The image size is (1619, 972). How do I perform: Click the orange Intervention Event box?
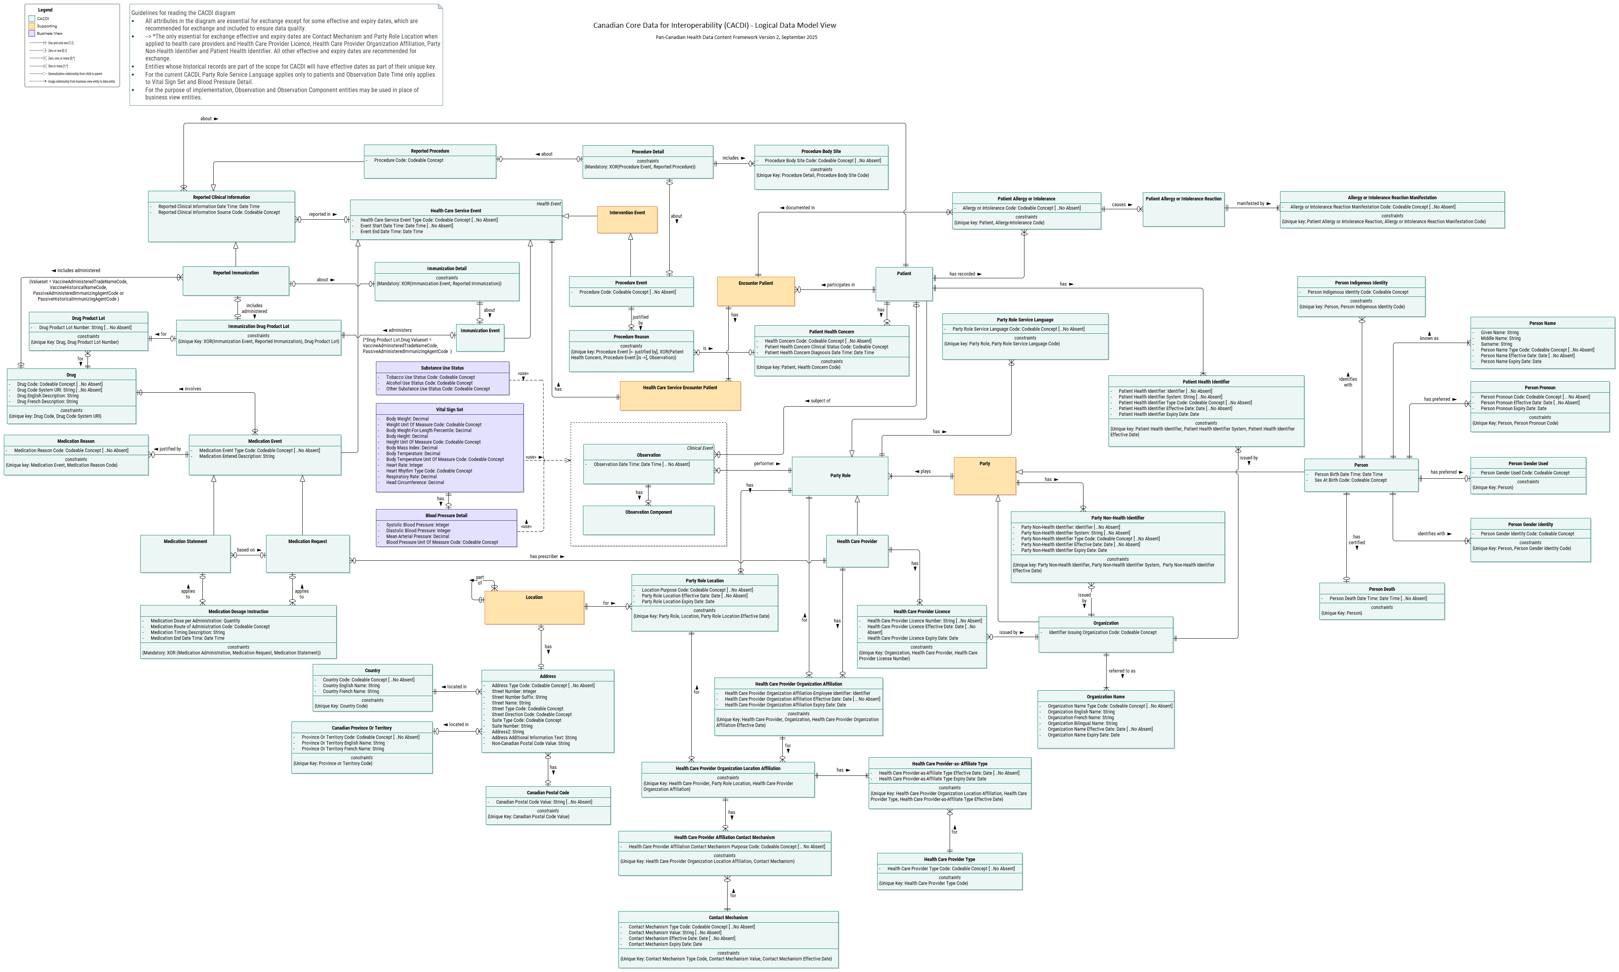click(x=627, y=219)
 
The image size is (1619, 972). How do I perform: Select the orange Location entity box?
click(x=534, y=608)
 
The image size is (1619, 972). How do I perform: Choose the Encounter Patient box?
click(x=755, y=291)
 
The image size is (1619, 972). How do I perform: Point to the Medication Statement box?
click(x=185, y=553)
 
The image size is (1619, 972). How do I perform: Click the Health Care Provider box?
click(x=856, y=550)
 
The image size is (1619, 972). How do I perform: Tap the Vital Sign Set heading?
click(x=450, y=409)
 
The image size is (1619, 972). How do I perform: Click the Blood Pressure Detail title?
click(x=446, y=515)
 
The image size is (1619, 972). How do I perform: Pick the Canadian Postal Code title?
click(x=548, y=792)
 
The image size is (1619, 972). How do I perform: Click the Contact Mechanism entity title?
click(x=728, y=918)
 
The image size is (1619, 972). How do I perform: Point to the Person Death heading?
click(x=1381, y=589)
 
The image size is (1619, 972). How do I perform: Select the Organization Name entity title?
click(x=1105, y=697)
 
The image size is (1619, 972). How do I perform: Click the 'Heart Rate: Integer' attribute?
click(x=404, y=465)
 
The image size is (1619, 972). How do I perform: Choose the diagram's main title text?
click(x=714, y=25)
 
